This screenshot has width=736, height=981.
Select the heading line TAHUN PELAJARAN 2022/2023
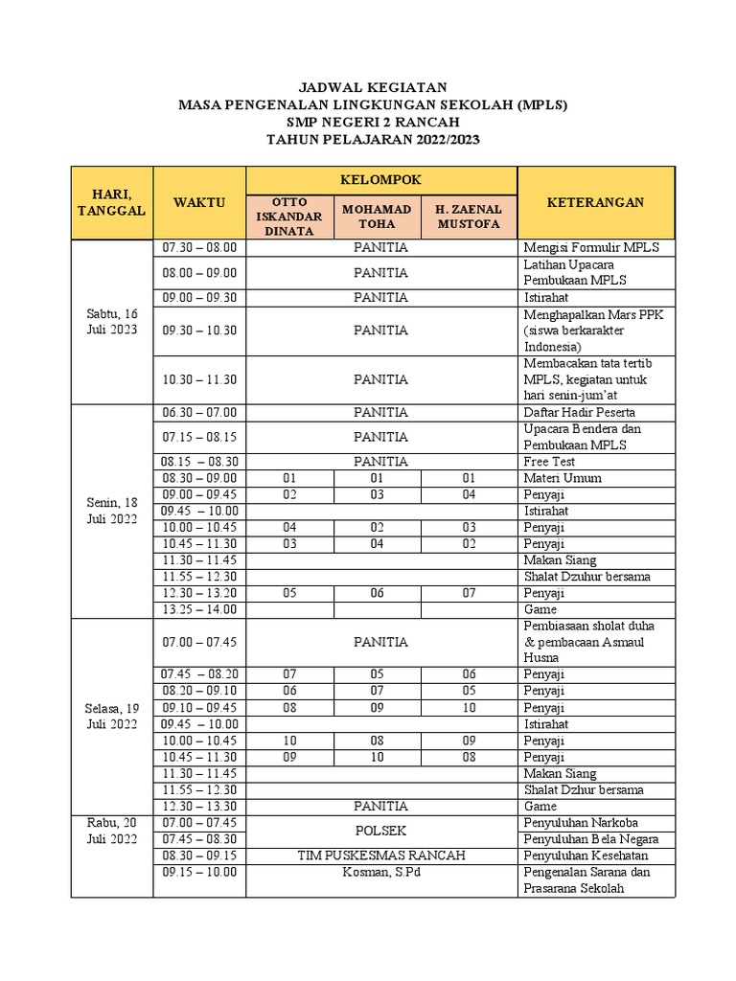[x=373, y=139]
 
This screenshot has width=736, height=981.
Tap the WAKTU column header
[x=199, y=202]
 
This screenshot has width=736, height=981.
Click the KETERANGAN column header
[x=595, y=202]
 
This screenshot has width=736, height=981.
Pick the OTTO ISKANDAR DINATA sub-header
[x=290, y=216]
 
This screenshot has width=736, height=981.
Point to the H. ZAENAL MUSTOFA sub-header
[x=469, y=216]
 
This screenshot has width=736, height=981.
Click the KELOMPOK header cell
[x=381, y=179]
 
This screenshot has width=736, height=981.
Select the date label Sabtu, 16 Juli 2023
[x=111, y=321]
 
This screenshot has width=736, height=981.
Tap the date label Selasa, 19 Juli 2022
[x=111, y=716]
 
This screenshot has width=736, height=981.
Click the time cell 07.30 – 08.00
[x=199, y=247]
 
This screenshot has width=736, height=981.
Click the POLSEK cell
[x=381, y=831]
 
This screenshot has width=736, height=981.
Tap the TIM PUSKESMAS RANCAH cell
[x=381, y=856]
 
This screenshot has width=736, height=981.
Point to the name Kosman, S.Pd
[x=381, y=872]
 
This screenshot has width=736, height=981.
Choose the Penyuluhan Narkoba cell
[x=581, y=823]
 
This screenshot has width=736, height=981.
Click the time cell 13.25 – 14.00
[x=199, y=609]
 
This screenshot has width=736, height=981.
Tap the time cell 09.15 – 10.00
[x=199, y=872]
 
